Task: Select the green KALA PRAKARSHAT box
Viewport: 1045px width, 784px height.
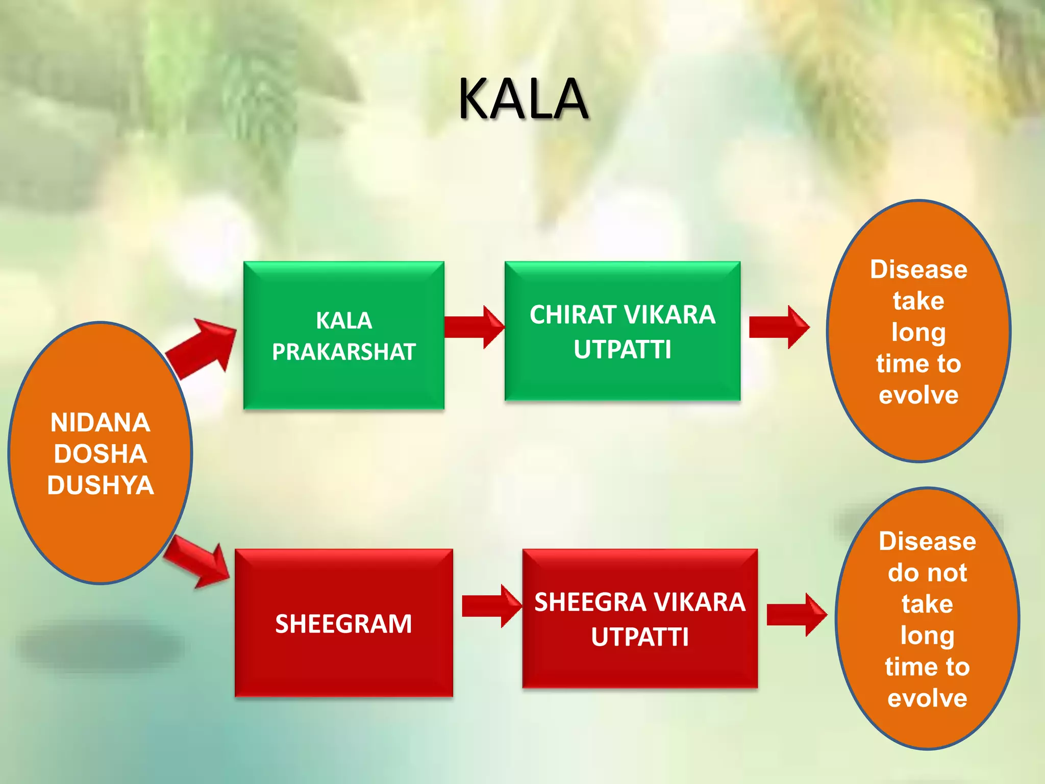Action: pyautogui.click(x=343, y=378)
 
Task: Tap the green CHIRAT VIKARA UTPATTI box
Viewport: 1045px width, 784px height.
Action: pyautogui.click(x=622, y=378)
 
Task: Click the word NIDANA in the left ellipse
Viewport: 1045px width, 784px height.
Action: pyautogui.click(x=101, y=423)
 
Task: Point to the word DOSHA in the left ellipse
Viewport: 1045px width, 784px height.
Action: pyautogui.click(x=101, y=454)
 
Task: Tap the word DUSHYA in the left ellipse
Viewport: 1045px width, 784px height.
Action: pyautogui.click(x=101, y=485)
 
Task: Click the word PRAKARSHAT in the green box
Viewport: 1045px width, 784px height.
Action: pyautogui.click(x=343, y=352)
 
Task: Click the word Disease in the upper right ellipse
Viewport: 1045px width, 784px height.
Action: pyautogui.click(x=918, y=269)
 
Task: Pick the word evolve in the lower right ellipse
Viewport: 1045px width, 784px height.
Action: pyautogui.click(x=927, y=698)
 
